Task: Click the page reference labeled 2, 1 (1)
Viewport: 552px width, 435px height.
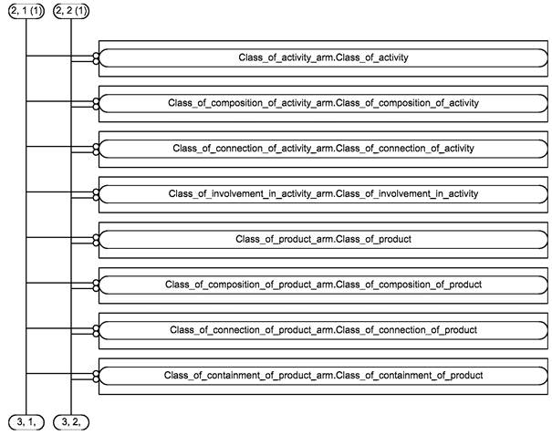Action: (x=26, y=11)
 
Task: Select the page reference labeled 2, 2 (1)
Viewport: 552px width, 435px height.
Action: (x=71, y=11)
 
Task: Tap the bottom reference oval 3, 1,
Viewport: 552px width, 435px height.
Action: (x=26, y=422)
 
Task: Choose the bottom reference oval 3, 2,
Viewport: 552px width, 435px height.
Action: (x=71, y=422)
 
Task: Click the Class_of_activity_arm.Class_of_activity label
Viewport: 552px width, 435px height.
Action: (x=323, y=57)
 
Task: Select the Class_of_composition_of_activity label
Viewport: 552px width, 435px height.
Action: (x=323, y=103)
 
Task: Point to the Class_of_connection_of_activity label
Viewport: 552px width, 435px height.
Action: (x=323, y=149)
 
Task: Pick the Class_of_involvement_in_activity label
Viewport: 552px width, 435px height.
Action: (x=323, y=194)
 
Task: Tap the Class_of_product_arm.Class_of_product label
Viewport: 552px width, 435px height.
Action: (x=323, y=239)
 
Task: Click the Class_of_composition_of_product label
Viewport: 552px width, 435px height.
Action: (x=323, y=285)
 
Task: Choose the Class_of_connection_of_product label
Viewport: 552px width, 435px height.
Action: (x=323, y=330)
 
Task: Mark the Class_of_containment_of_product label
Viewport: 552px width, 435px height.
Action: (x=323, y=376)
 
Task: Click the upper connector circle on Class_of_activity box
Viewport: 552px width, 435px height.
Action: (x=96, y=56)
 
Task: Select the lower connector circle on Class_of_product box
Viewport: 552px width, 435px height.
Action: (x=96, y=243)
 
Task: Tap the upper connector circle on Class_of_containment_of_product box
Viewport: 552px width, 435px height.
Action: (x=96, y=373)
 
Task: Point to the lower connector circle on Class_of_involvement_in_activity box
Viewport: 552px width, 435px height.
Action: (x=96, y=198)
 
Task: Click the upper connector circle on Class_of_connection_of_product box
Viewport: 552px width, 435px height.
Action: (x=96, y=328)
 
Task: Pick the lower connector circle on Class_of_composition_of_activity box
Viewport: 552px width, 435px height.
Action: (x=96, y=107)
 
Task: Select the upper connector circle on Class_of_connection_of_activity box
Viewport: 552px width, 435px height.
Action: (x=96, y=147)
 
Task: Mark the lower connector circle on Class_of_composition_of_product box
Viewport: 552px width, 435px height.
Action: (x=96, y=288)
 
